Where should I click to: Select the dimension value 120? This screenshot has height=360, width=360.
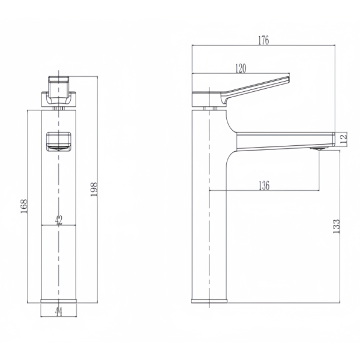(x=240, y=68)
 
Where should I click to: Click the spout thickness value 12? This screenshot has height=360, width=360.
(x=343, y=139)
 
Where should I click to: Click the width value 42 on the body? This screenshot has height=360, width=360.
(x=58, y=220)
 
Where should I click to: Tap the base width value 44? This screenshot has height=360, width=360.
(x=58, y=311)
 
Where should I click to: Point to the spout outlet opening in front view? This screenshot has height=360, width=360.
(x=58, y=141)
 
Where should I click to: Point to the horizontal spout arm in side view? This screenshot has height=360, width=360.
(x=282, y=139)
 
